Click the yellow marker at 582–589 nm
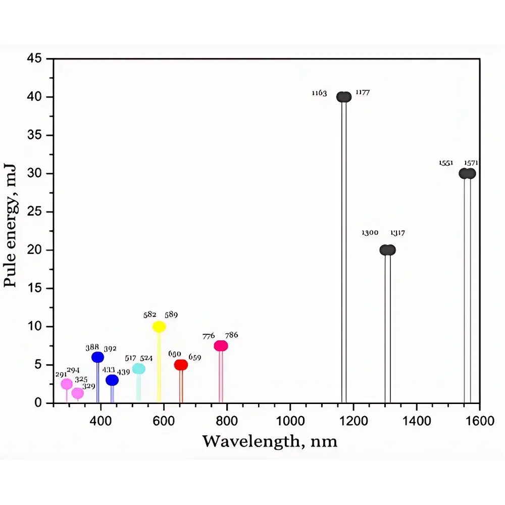[x=159, y=327]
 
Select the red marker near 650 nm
[x=181, y=365]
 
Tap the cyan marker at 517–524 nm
[x=138, y=369]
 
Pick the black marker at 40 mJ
[x=344, y=97]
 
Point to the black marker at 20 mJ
[x=387, y=250]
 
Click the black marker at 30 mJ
[x=467, y=173]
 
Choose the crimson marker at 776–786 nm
[x=221, y=346]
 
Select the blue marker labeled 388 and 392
[x=97, y=357]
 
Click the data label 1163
[x=319, y=93]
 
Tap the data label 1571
[x=471, y=163]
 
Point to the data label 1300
[x=370, y=233]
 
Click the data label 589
[x=171, y=315]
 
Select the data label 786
[x=231, y=335]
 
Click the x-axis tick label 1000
[x=290, y=419]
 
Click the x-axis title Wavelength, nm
[x=270, y=441]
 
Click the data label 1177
[x=363, y=92]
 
